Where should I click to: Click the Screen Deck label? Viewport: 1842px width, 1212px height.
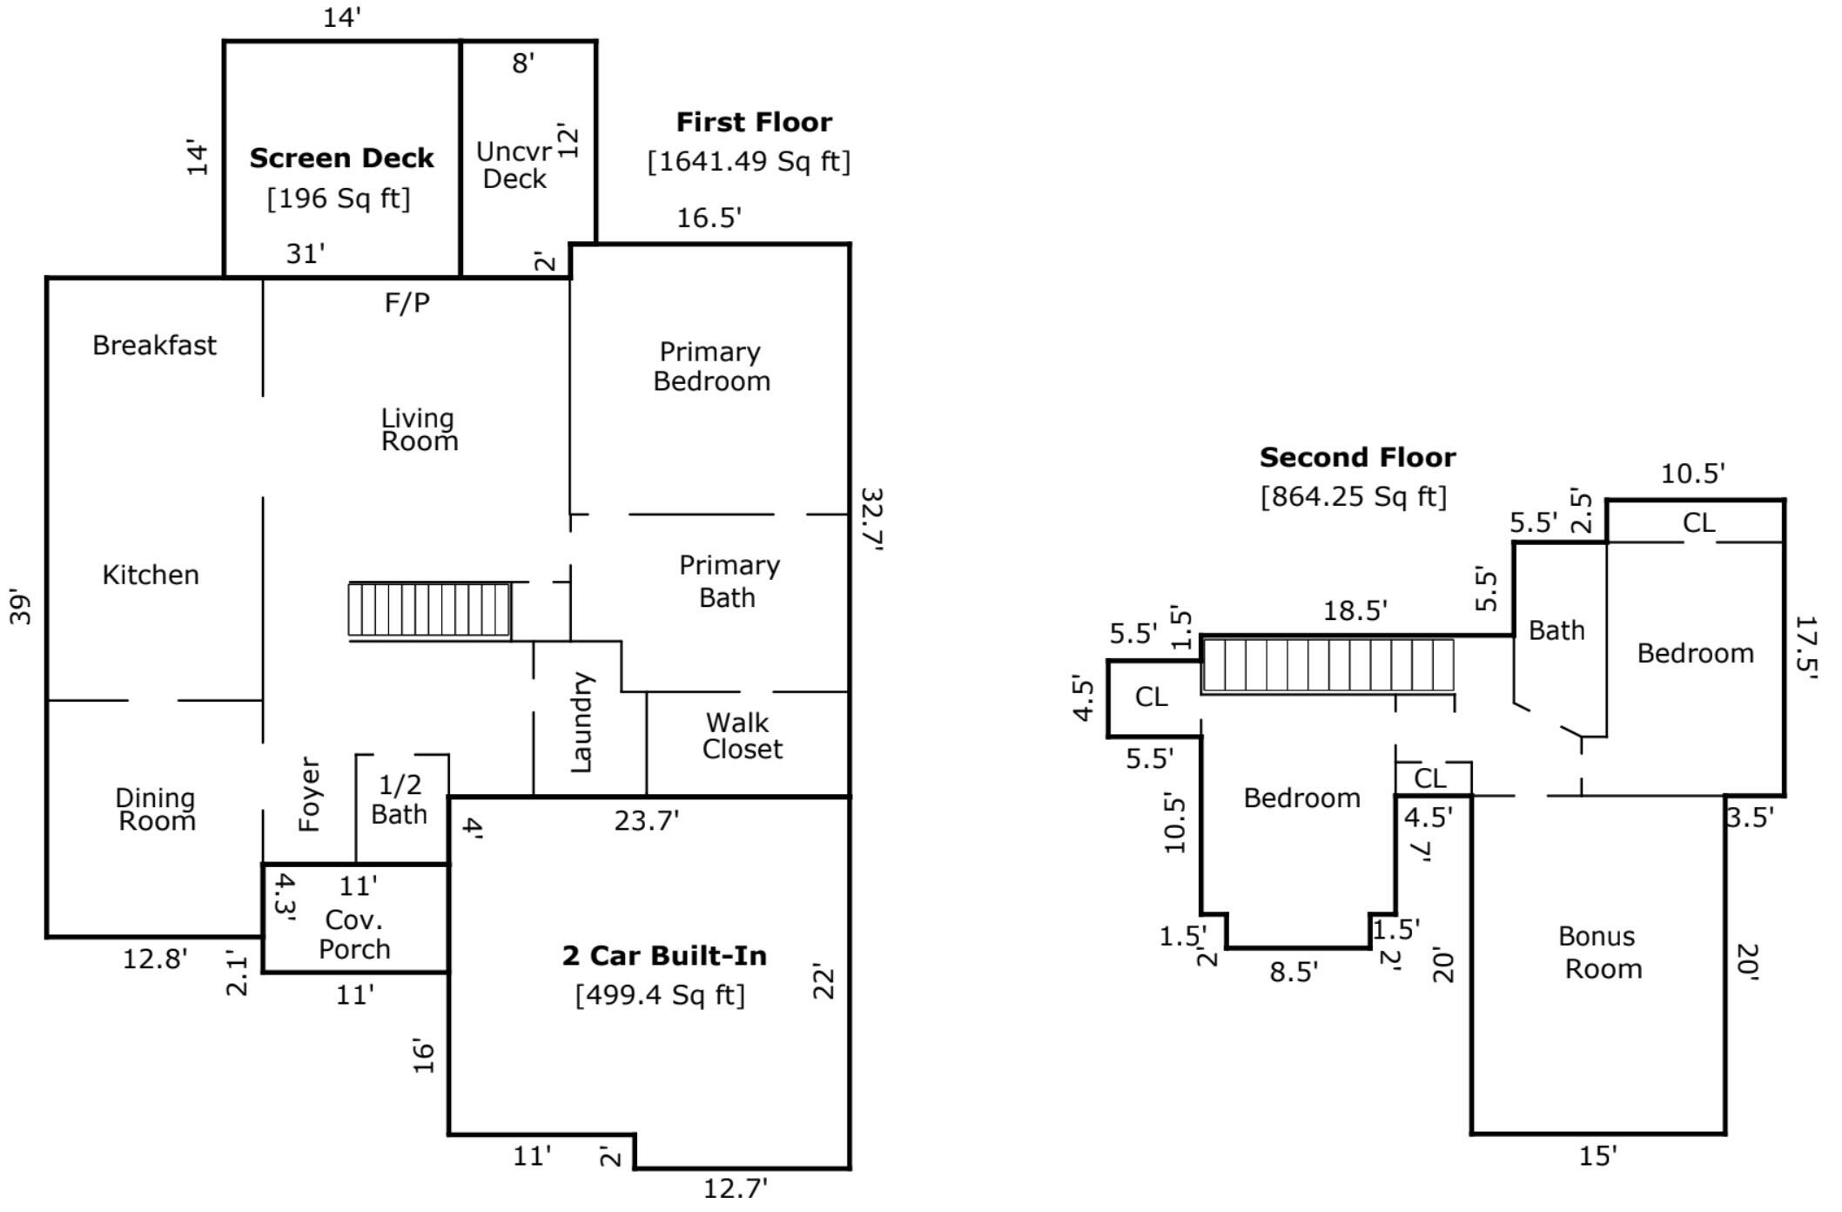pos(341,158)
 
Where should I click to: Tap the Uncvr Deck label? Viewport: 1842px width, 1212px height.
pos(514,165)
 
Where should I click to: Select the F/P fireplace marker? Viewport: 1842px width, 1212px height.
pos(407,303)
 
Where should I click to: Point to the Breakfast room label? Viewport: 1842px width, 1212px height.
pos(154,346)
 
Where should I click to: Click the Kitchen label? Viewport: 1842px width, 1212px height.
pos(151,575)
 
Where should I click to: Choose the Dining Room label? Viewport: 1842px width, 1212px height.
pos(156,810)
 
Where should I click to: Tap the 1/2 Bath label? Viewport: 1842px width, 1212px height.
pos(400,799)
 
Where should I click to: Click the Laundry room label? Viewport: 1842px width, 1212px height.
pos(581,722)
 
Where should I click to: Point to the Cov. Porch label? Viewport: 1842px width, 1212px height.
pos(354,934)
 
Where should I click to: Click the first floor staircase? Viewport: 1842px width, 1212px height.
pos(429,609)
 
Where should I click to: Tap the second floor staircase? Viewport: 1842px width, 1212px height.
pos(1328,665)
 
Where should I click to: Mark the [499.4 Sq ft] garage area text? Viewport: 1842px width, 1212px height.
pos(660,994)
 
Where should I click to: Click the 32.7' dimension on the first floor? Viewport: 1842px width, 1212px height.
pos(872,520)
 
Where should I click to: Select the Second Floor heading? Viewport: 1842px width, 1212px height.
pos(1357,457)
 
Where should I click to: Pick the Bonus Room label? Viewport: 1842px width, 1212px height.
pos(1600,953)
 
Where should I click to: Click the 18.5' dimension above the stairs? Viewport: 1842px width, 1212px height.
pos(1355,611)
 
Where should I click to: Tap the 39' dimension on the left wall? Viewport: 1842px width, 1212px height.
pos(21,608)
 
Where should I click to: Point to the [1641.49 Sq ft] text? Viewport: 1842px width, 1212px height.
pos(749,162)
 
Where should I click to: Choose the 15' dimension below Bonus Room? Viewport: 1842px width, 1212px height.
pos(1598,1156)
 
